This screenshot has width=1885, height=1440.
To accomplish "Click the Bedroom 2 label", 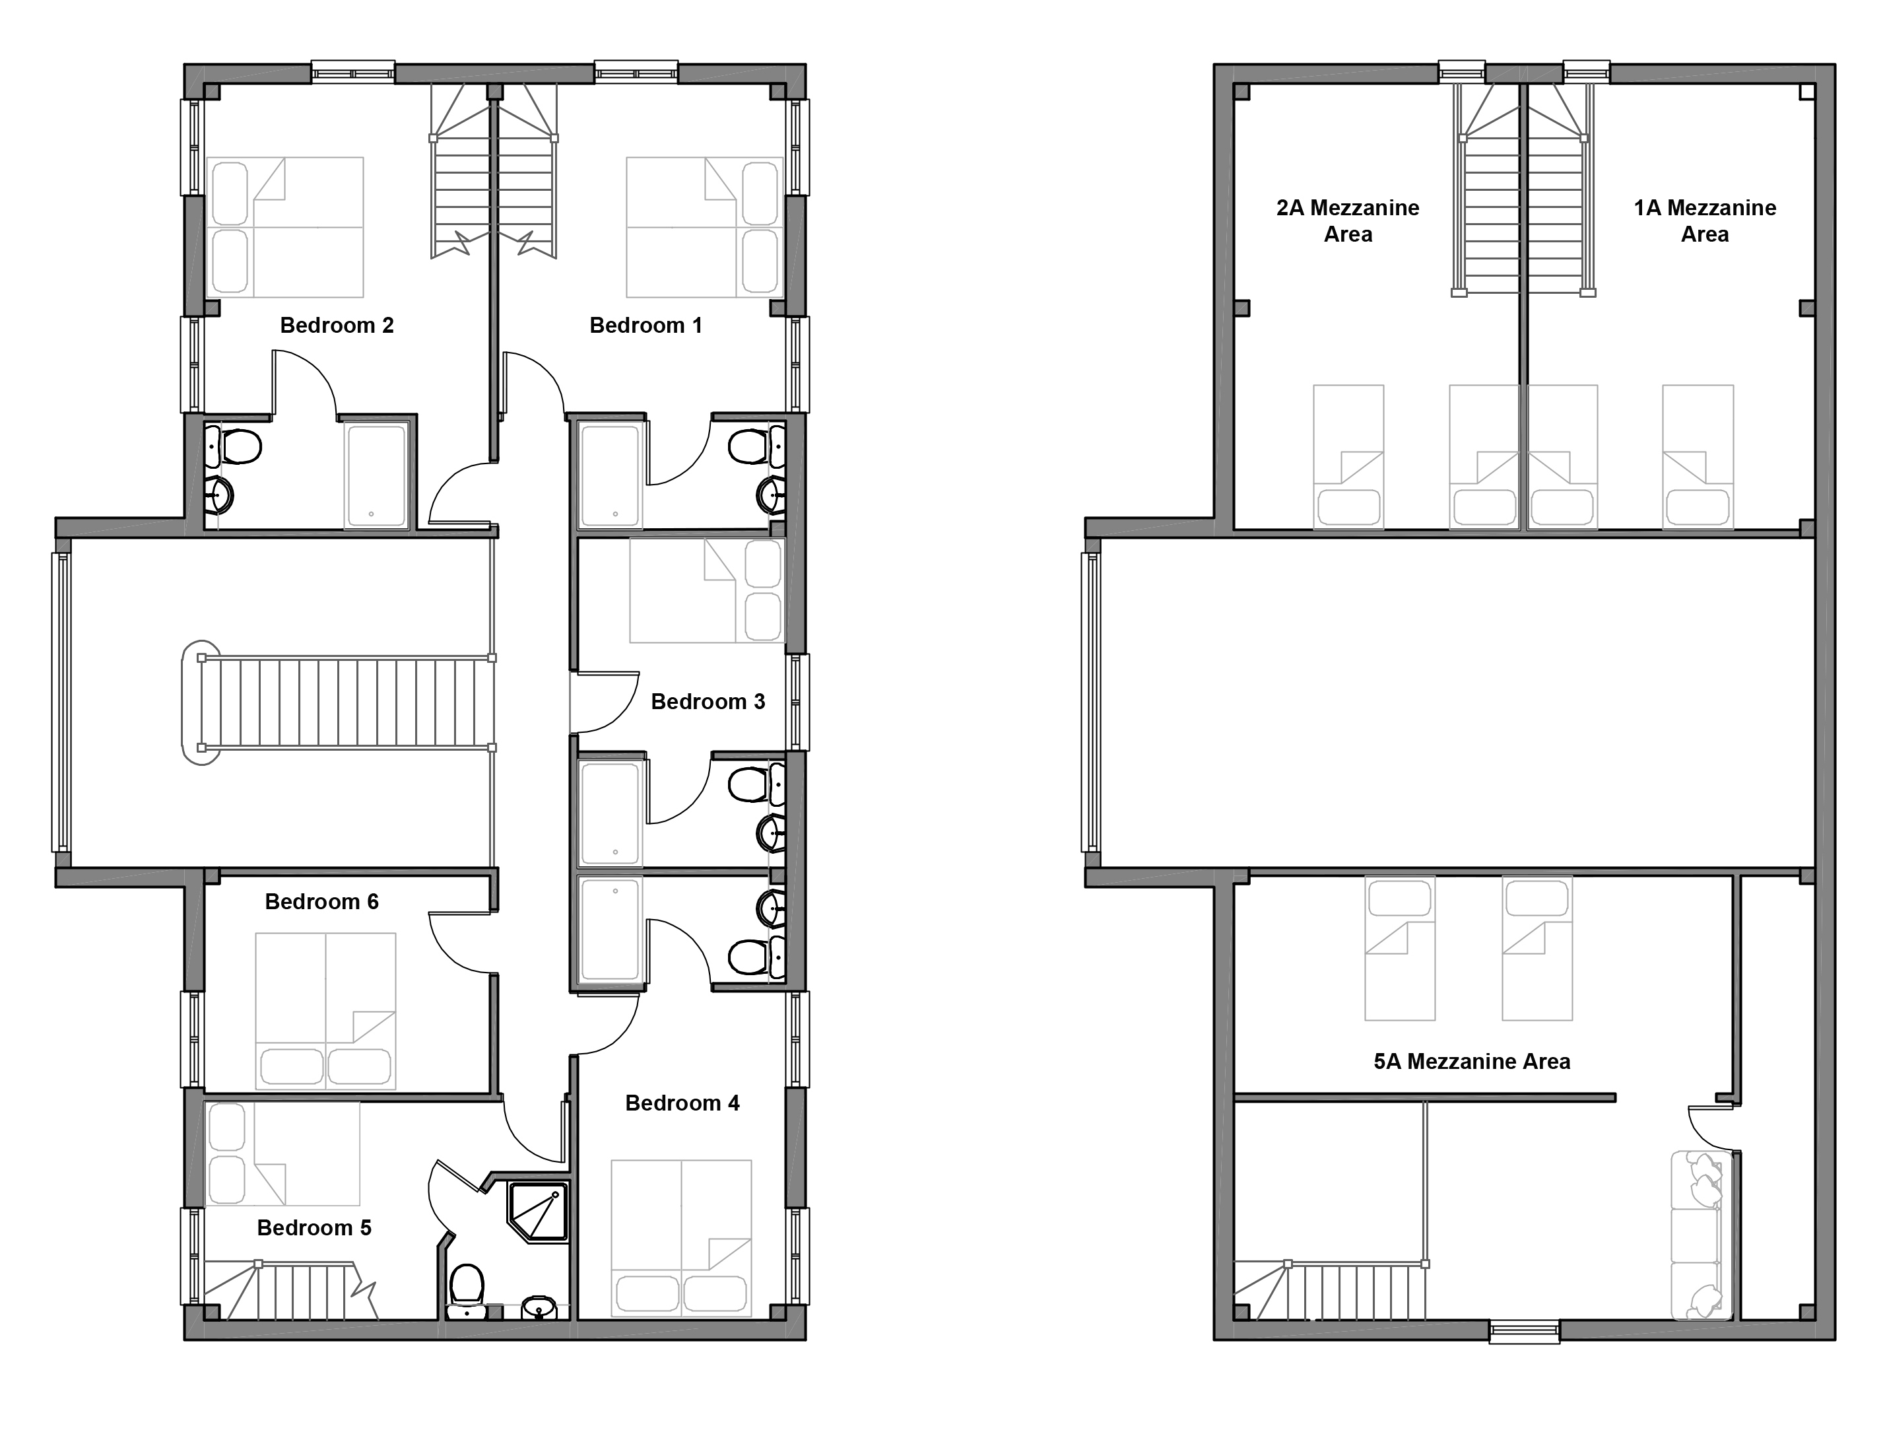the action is [337, 326].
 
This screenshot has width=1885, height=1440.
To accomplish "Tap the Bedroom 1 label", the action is [646, 326].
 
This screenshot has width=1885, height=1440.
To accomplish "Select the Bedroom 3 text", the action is [708, 702].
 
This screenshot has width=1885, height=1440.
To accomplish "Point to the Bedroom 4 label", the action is [682, 1103].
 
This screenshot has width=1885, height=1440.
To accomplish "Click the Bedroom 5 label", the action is [314, 1228].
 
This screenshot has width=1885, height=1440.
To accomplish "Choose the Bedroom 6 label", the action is [321, 902].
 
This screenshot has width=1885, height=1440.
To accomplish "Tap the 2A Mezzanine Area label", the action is [1348, 221].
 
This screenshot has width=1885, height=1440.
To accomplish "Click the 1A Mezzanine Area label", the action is [1705, 221].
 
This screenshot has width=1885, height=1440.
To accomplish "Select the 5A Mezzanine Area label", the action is [1472, 1062].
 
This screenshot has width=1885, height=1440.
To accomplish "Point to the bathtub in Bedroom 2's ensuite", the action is [376, 477].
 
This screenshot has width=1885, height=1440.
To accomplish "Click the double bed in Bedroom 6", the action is [325, 1011].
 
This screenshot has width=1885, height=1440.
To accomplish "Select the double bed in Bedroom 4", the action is [681, 1239].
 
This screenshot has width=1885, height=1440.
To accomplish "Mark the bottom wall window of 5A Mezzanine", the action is [1523, 1332].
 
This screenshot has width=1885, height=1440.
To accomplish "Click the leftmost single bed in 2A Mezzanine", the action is [1348, 457].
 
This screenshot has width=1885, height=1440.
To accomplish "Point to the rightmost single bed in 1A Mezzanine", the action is [1698, 457].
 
